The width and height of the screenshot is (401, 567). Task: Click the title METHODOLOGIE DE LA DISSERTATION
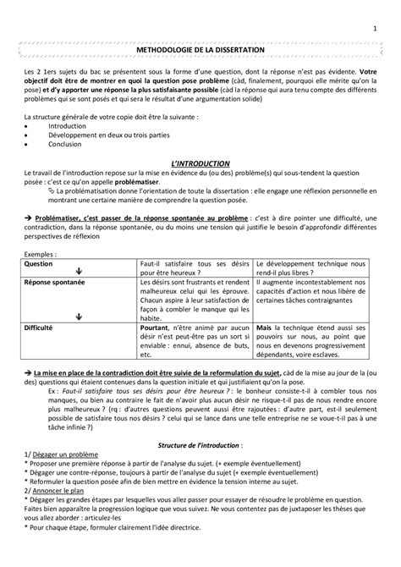coord(200,51)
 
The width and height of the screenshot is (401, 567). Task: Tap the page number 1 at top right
coord(374,10)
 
